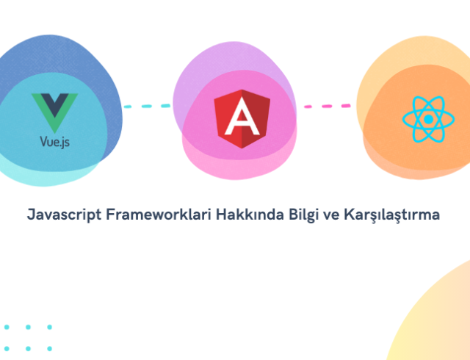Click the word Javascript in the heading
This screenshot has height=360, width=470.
[x=62, y=216]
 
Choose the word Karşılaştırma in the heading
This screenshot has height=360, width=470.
[x=391, y=216]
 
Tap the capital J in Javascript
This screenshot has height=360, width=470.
[x=30, y=216]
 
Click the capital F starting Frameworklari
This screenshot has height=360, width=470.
[x=110, y=216]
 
